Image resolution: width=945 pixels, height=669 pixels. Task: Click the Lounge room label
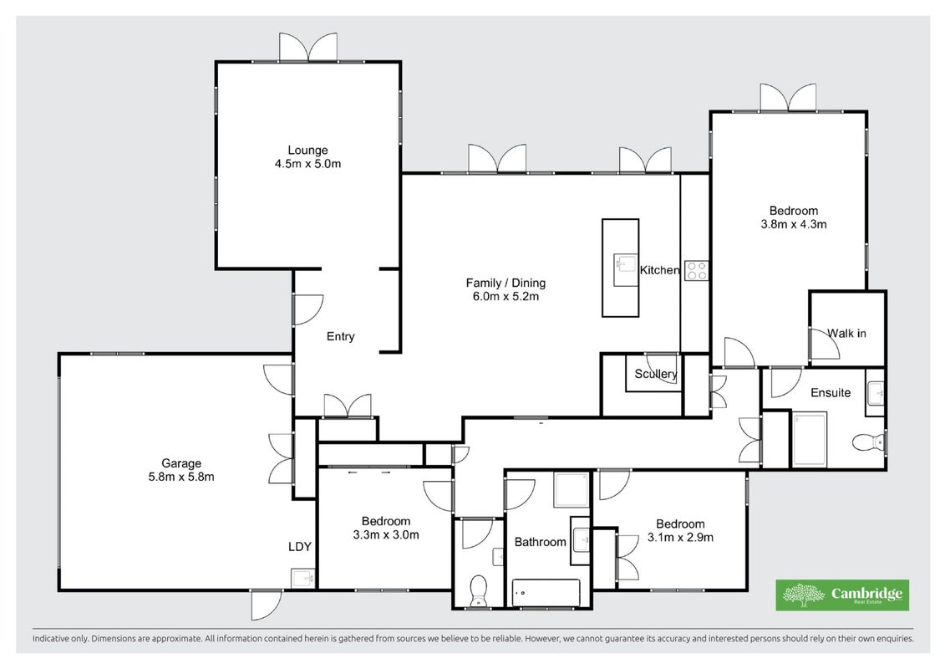pos(307,151)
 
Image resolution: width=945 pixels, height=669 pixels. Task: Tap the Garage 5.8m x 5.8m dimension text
pos(181,477)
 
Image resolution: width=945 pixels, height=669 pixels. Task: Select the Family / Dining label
pos(506,283)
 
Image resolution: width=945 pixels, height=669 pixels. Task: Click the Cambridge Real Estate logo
pos(842,595)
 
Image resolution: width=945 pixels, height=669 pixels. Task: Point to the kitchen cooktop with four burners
pos(697,270)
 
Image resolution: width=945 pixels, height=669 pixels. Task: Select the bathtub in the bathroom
pos(546,593)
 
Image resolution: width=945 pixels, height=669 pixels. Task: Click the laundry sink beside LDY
pos(302,578)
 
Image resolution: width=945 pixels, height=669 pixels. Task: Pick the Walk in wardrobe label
pos(846,333)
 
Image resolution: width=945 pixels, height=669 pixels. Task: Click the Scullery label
pos(656,374)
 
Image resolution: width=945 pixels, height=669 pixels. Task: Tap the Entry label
pos(341,337)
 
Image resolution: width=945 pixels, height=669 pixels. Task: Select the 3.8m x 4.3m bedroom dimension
pos(794,224)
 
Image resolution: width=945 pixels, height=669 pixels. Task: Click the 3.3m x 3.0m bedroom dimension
pos(386,534)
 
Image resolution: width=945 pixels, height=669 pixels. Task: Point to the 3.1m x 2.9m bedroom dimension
pos(680,538)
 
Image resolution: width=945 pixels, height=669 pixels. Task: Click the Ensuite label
pos(831,393)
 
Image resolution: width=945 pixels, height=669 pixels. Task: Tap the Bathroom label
pos(540,543)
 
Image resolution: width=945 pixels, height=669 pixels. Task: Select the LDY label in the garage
pos(299,547)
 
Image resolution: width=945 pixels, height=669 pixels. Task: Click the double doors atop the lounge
pos(308,47)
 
